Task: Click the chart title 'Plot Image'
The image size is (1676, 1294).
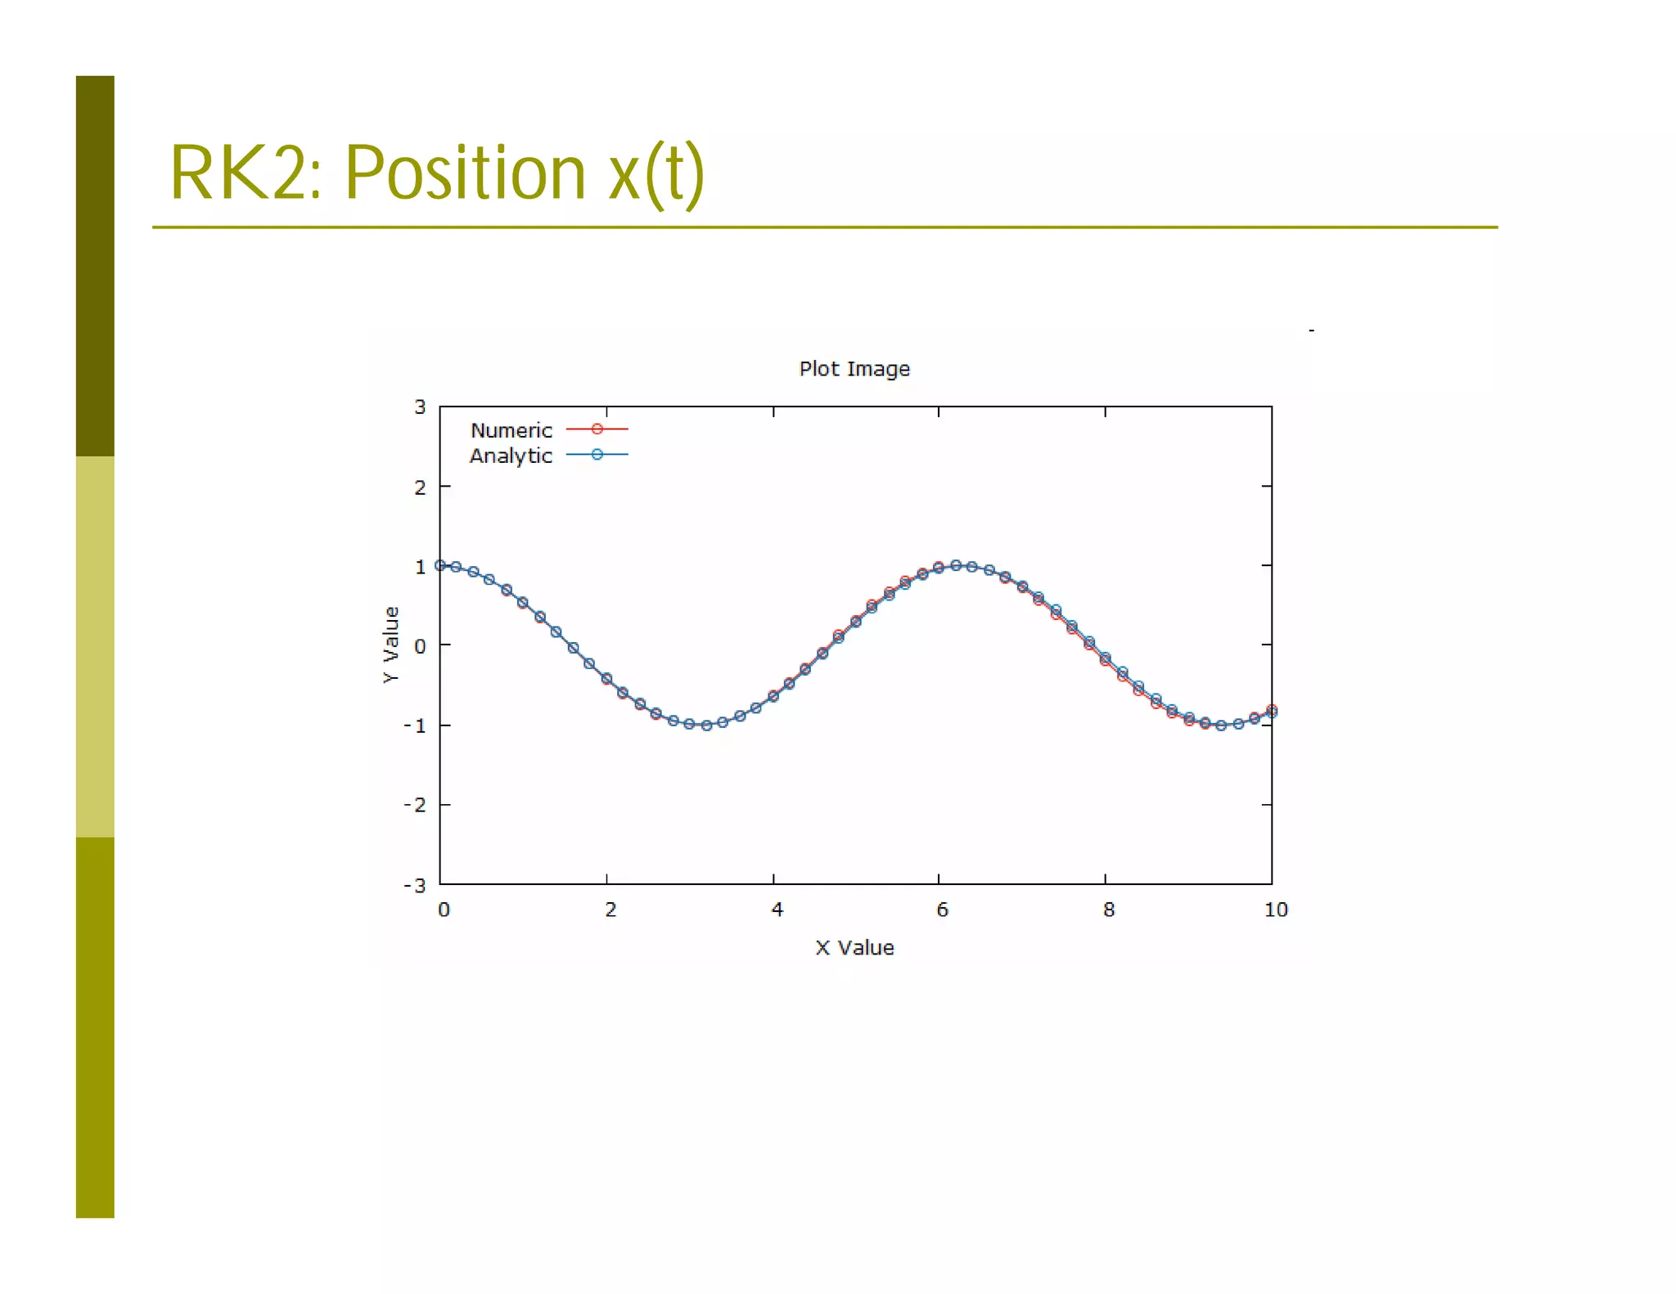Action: (x=854, y=369)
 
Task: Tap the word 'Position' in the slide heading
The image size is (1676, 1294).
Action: (x=464, y=173)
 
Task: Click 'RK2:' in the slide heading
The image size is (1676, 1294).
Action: (x=246, y=173)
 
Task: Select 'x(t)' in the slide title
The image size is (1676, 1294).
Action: (x=656, y=174)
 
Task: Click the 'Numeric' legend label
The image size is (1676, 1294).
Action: (x=511, y=430)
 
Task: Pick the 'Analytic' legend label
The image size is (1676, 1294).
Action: (x=511, y=456)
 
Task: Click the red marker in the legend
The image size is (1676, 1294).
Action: (x=597, y=429)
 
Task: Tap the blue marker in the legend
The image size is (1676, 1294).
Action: (x=597, y=455)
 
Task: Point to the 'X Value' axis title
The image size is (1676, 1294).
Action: (x=854, y=947)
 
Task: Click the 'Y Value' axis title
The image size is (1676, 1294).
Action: (x=391, y=645)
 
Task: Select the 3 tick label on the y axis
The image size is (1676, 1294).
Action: (x=420, y=407)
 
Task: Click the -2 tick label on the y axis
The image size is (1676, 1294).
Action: (x=415, y=805)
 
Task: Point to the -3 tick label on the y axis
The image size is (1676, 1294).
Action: (x=415, y=885)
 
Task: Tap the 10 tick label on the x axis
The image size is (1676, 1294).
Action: (x=1275, y=910)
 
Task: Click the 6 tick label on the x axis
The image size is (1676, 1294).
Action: (x=942, y=910)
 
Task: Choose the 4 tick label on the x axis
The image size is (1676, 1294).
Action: (x=777, y=910)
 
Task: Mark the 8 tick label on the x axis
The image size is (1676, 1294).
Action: (x=1108, y=910)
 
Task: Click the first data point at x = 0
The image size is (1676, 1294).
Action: (x=440, y=565)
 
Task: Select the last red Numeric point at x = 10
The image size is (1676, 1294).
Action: (x=1272, y=709)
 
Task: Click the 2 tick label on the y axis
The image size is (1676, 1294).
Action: (x=420, y=487)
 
